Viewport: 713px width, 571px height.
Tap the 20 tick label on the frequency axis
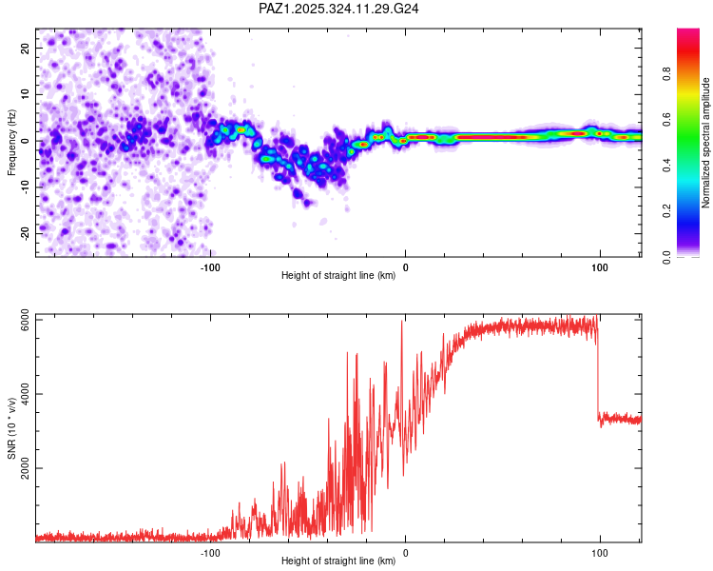pyautogui.click(x=25, y=48)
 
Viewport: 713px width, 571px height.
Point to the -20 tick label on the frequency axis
pyautogui.click(x=23, y=233)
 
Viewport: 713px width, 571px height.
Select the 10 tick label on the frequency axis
pyautogui.click(x=25, y=94)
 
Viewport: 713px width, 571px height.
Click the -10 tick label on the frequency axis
pyautogui.click(x=23, y=187)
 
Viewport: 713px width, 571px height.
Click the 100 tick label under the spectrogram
pyautogui.click(x=600, y=267)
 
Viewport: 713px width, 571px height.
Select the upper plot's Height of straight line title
pyautogui.click(x=338, y=277)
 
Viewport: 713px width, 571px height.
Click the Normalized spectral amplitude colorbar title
pyautogui.click(x=706, y=144)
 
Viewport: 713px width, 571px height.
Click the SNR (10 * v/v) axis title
pyautogui.click(x=12, y=429)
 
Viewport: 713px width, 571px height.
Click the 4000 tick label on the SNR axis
pyautogui.click(x=19, y=394)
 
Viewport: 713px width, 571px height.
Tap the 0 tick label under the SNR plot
pyautogui.click(x=406, y=553)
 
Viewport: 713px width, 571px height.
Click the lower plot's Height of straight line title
pyautogui.click(x=338, y=561)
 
